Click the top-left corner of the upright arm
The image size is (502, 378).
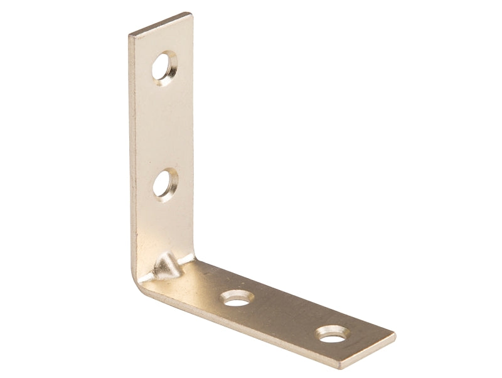[x=129, y=35]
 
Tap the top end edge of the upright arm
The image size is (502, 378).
[x=160, y=23]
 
